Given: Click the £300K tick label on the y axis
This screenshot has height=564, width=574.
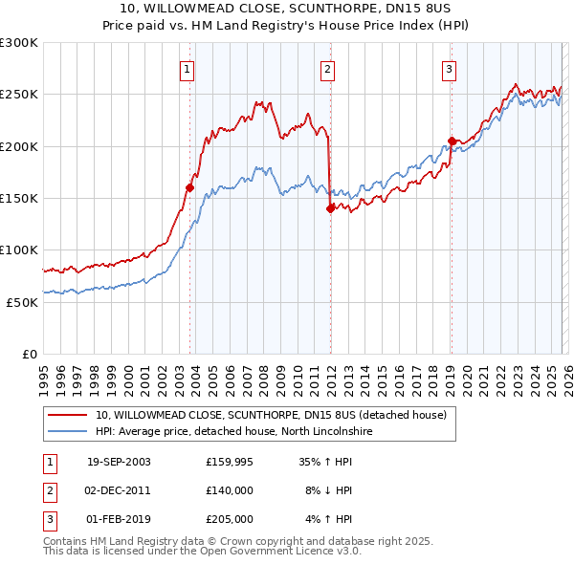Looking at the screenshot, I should pyautogui.click(x=19, y=43).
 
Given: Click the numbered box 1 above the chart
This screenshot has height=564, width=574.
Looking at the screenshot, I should pyautogui.click(x=187, y=69).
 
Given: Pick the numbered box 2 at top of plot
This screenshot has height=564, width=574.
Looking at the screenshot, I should pyautogui.click(x=327, y=69).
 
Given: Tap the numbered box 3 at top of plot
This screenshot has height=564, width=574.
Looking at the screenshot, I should pyautogui.click(x=448, y=69).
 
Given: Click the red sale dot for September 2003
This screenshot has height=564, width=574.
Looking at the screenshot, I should pyautogui.click(x=189, y=188).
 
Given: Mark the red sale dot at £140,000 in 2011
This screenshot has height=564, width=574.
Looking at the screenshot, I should pyautogui.click(x=330, y=208).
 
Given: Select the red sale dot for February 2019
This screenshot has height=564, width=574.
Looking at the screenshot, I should pyautogui.click(x=451, y=141).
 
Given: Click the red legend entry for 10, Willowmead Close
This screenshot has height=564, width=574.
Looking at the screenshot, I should pyautogui.click(x=271, y=416).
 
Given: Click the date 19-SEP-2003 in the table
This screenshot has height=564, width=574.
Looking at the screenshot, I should pyautogui.click(x=119, y=461).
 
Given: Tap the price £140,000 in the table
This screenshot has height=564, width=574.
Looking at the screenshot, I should pyautogui.click(x=230, y=490).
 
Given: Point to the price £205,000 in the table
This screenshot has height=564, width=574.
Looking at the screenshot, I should pyautogui.click(x=230, y=520).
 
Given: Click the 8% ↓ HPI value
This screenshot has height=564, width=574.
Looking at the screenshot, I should pyautogui.click(x=328, y=490).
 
